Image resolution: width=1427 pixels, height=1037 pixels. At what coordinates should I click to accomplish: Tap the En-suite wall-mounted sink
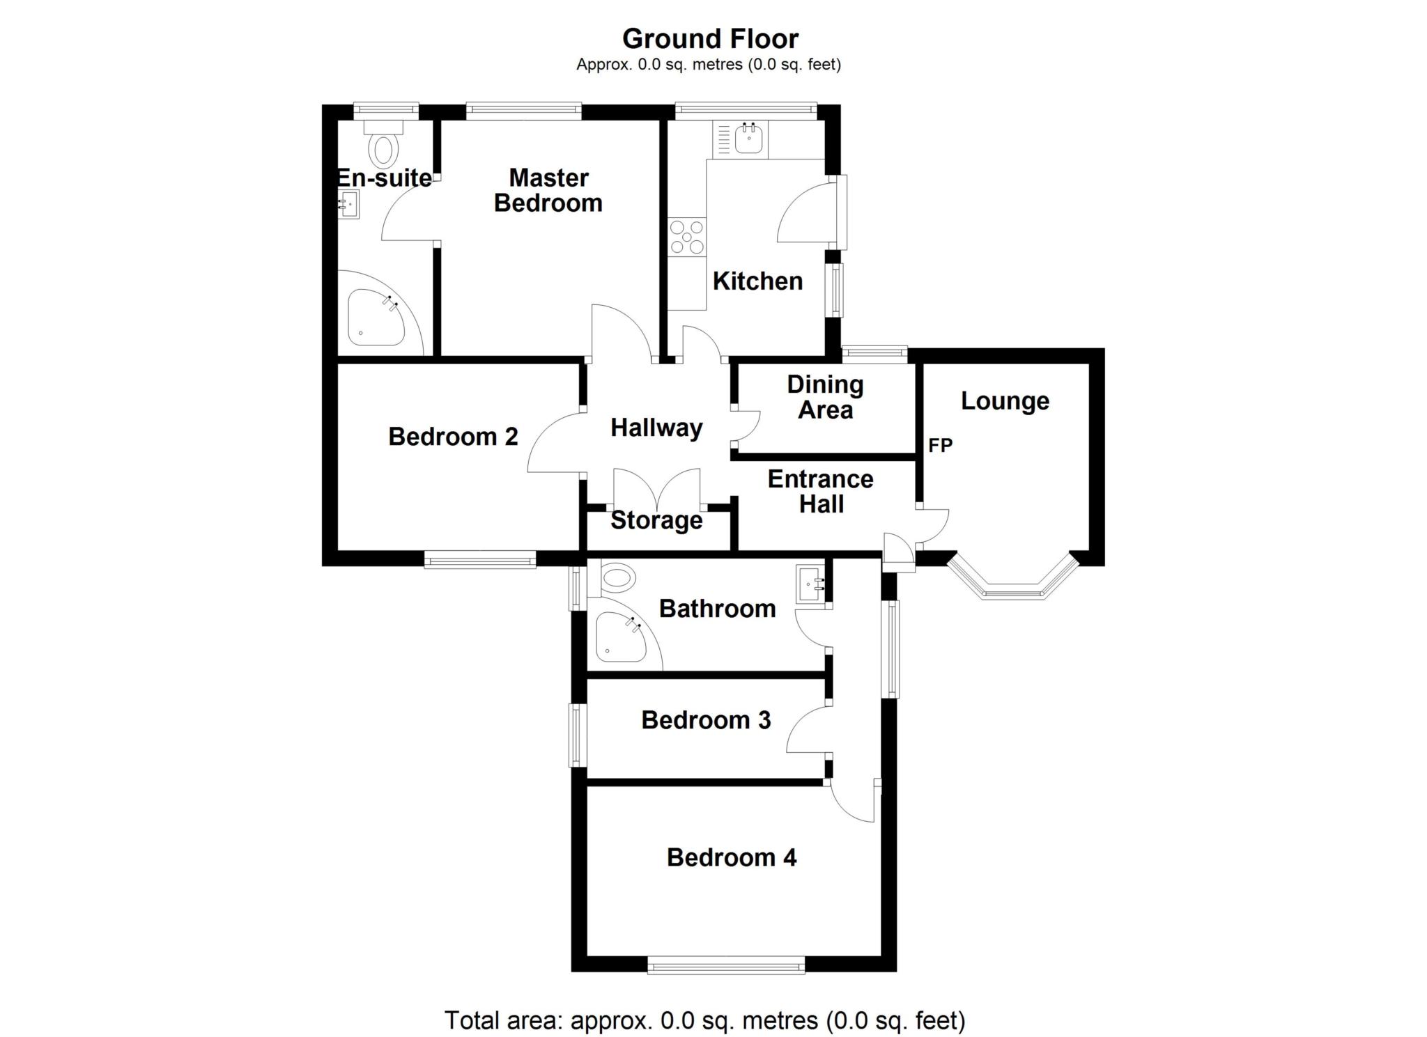click(x=348, y=205)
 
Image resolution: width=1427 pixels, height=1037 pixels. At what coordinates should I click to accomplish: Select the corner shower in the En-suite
click(x=377, y=317)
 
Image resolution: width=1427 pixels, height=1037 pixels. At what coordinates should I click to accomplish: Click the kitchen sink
click(x=748, y=138)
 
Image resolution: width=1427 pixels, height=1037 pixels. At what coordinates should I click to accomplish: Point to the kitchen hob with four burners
click(x=687, y=237)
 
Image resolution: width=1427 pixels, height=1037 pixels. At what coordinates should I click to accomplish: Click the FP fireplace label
click(x=940, y=445)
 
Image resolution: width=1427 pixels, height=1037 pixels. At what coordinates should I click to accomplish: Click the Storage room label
click(x=656, y=521)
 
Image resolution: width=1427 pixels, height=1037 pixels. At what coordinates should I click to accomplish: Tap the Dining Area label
click(x=825, y=397)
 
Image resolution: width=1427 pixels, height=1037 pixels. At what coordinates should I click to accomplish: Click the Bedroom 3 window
click(x=578, y=735)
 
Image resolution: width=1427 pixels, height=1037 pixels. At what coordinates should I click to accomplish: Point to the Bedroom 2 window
click(x=481, y=559)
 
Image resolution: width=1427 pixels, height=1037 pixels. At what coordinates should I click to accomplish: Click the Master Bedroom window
click(x=524, y=111)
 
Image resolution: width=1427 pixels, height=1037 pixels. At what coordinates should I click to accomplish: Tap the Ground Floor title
click(x=710, y=39)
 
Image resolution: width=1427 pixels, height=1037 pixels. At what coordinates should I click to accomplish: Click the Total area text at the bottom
click(x=705, y=1020)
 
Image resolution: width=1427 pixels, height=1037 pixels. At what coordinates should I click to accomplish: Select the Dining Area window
click(x=874, y=354)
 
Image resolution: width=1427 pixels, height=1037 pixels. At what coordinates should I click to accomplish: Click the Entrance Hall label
click(x=821, y=492)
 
